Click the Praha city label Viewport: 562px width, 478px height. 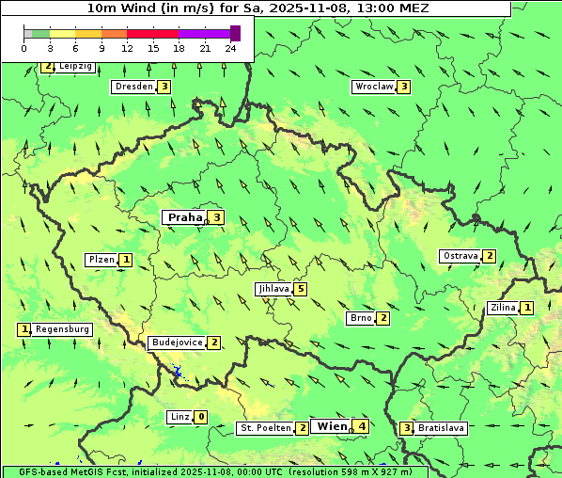(x=184, y=217)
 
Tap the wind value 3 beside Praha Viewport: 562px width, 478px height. (x=217, y=217)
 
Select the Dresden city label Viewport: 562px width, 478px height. (x=133, y=87)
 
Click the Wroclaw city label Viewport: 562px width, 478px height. (x=373, y=87)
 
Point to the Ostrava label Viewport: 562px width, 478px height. (x=460, y=256)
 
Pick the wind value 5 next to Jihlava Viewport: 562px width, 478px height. (x=301, y=289)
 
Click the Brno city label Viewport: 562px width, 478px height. (x=360, y=318)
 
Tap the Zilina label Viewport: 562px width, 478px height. (x=502, y=308)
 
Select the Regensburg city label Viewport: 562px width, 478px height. (x=62, y=329)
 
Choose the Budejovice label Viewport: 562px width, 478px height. (x=177, y=343)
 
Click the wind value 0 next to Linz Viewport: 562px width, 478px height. (x=201, y=417)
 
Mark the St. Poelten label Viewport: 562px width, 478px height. (x=264, y=428)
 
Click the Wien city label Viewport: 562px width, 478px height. (x=332, y=426)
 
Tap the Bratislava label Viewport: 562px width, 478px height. (x=441, y=428)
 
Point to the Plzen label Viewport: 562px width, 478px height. (x=101, y=260)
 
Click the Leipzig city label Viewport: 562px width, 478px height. (x=74, y=67)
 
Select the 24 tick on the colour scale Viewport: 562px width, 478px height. (x=231, y=48)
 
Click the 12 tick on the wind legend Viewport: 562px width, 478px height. (x=126, y=48)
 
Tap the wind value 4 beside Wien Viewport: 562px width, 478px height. (x=362, y=426)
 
